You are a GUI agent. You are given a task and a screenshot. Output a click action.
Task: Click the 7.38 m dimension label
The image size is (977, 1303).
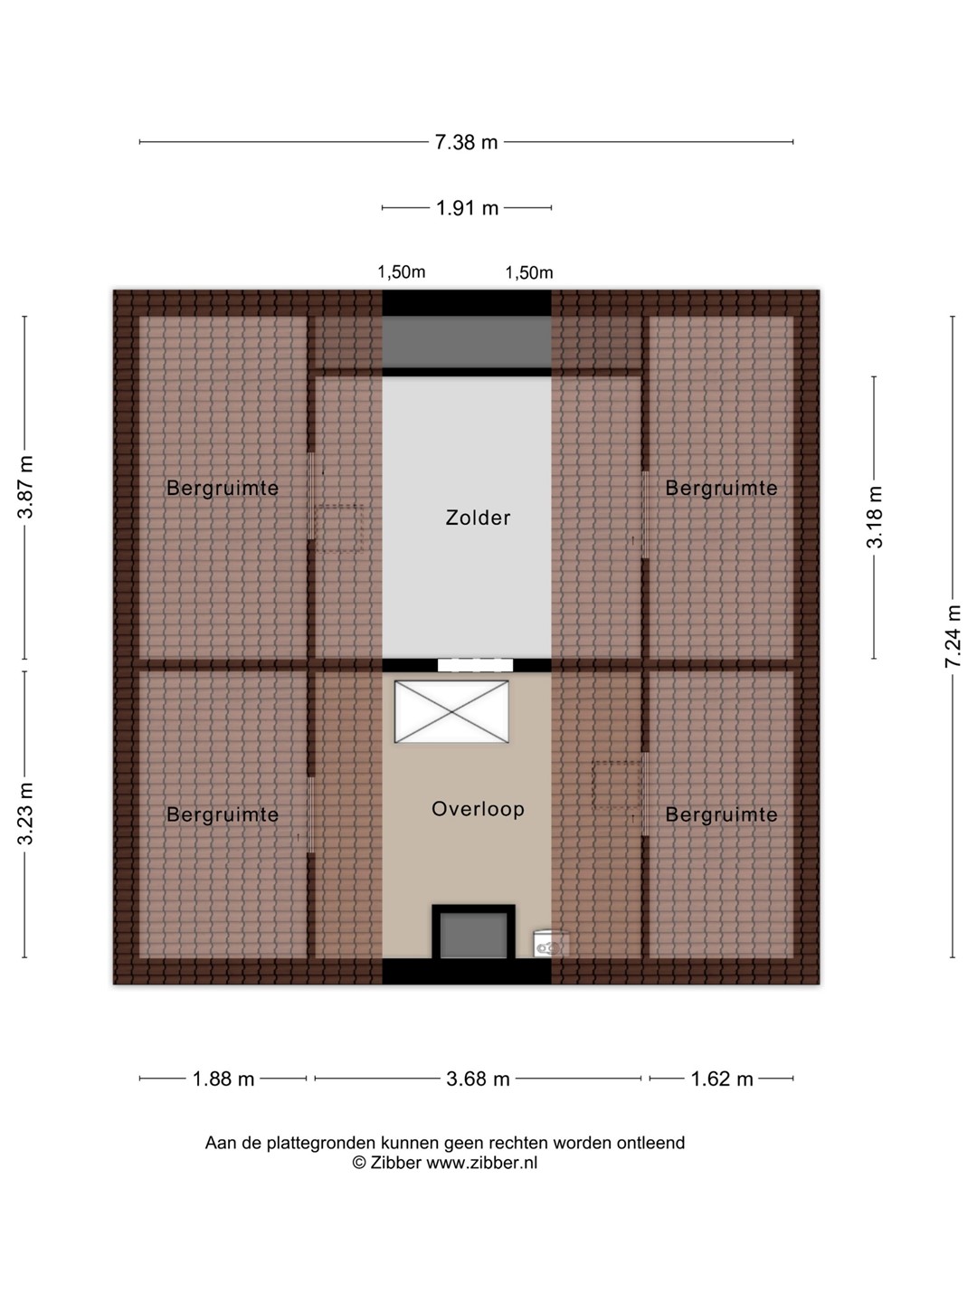466,142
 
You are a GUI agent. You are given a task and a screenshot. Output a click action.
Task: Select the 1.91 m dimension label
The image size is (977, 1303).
467,208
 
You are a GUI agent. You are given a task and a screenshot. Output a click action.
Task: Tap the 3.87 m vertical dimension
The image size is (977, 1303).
25,488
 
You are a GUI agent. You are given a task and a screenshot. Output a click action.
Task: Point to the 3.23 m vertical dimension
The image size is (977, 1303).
25,813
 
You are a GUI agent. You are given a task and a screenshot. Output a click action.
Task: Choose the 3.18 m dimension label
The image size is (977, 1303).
875,517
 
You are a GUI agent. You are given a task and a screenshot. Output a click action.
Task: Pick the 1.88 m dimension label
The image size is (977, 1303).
223,1079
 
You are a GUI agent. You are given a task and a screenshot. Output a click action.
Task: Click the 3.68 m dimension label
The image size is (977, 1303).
478,1079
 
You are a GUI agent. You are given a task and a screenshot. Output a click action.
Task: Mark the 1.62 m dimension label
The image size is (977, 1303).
721,1079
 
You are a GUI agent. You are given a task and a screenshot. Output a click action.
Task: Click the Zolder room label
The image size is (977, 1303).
478,518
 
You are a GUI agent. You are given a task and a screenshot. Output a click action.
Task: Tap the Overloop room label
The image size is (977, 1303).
478,809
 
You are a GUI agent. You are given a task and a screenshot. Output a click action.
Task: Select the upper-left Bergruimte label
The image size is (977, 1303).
223,488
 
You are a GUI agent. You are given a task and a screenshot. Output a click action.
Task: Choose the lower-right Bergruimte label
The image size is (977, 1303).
721,814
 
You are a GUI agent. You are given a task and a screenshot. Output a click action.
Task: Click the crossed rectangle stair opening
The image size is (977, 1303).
451,712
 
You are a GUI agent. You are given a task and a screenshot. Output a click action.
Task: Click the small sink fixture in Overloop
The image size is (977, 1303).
550,944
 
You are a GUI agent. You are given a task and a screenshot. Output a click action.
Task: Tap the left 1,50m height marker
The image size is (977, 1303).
402,271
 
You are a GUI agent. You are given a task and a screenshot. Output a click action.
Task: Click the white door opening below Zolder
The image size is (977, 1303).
475,665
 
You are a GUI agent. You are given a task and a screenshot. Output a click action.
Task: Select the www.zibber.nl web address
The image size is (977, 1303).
481,1163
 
